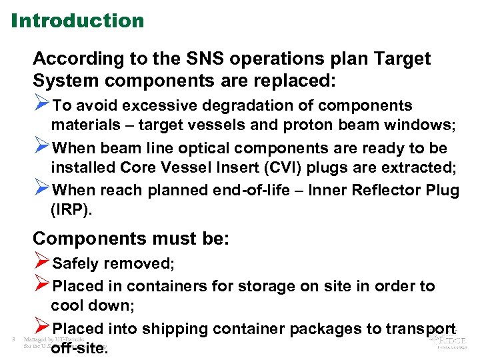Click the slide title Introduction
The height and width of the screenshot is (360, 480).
(77, 21)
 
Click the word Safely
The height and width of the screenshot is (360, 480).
(79, 263)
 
